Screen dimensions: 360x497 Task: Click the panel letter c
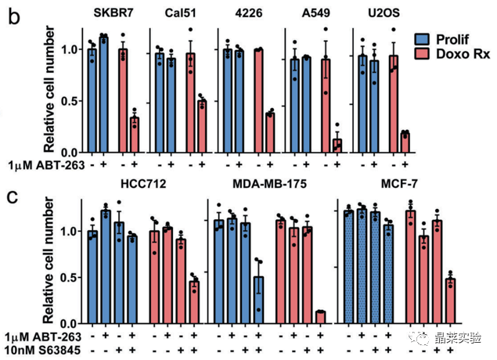[13, 196]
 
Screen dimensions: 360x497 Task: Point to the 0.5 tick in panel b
[72, 101]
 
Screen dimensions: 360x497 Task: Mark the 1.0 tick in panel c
[72, 232]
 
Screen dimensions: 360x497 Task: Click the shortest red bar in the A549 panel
[337, 145]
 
